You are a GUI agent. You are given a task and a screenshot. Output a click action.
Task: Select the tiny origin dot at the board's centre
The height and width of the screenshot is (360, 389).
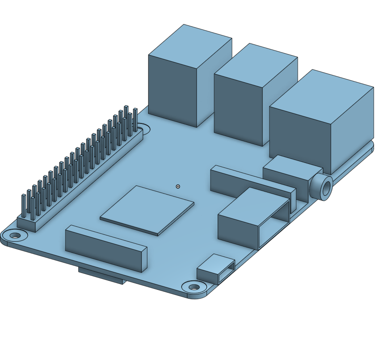pyautogui.click(x=178, y=186)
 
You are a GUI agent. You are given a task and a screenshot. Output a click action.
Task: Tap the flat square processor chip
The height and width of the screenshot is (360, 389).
pyautogui.click(x=147, y=209)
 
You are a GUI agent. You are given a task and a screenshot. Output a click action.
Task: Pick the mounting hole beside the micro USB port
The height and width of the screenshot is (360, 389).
pyautogui.click(x=194, y=287)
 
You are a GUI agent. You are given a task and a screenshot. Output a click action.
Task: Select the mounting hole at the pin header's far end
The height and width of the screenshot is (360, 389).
pyautogui.click(x=144, y=129)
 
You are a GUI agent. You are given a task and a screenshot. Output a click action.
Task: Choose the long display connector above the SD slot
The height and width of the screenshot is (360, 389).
pyautogui.click(x=106, y=248)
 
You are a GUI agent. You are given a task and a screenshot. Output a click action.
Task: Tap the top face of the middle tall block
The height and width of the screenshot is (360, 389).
pyautogui.click(x=256, y=64)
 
